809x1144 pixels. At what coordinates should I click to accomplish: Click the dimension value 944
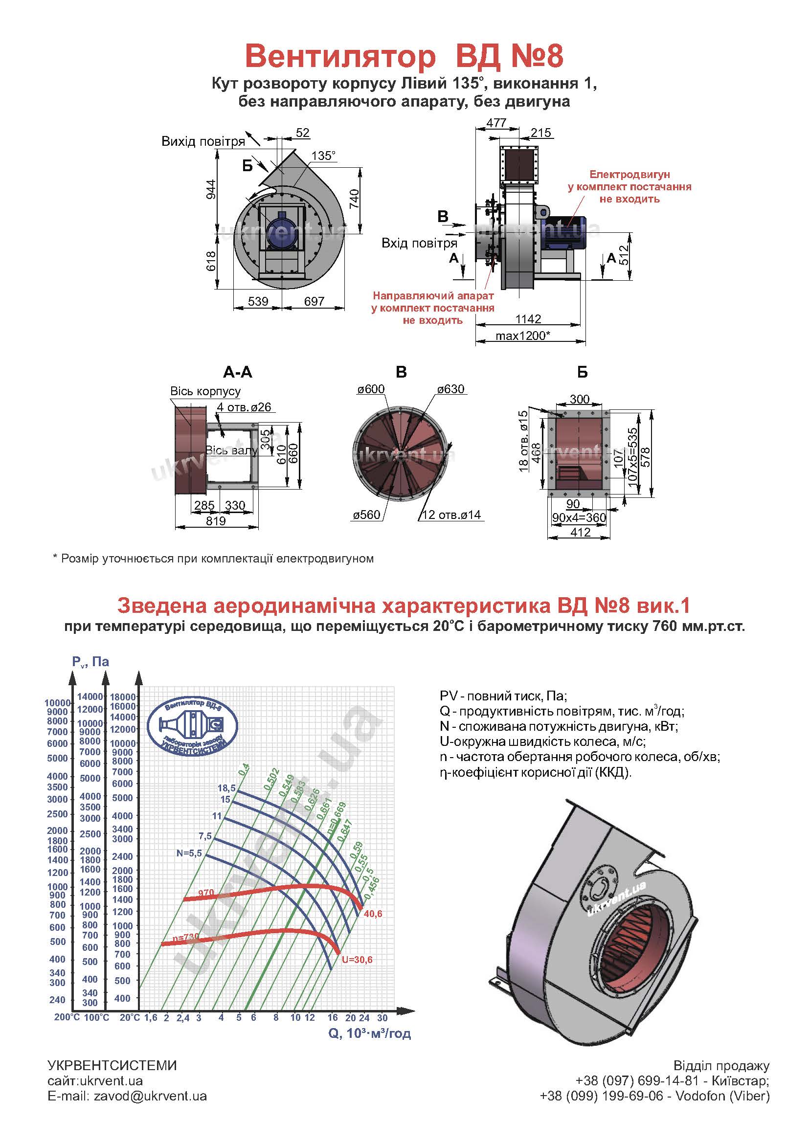(211, 189)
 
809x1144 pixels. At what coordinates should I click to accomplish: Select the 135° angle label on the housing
(323, 156)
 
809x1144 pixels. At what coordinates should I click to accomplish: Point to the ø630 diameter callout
(451, 389)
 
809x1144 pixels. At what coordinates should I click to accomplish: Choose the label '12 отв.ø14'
(451, 515)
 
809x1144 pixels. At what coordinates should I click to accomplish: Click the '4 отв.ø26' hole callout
(244, 407)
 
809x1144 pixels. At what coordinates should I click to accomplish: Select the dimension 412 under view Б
(581, 532)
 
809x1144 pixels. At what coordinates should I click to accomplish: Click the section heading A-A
(238, 372)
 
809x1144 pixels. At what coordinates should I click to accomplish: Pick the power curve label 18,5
(226, 788)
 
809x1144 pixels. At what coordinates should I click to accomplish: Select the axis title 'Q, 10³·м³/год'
(369, 1033)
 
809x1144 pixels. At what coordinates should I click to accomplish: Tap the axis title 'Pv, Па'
(90, 661)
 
